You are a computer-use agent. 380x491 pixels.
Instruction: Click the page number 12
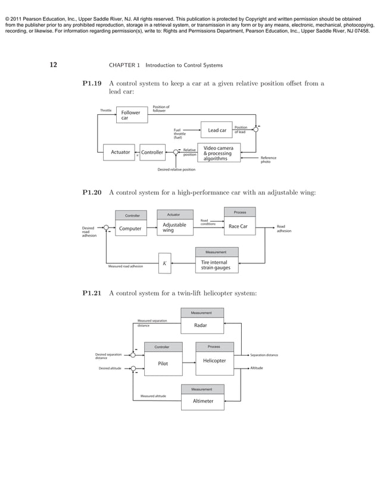(x=53, y=64)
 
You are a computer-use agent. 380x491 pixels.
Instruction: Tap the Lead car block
(x=217, y=130)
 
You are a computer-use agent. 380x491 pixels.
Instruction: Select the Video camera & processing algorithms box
(x=218, y=153)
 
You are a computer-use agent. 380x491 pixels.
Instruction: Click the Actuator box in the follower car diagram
(x=120, y=152)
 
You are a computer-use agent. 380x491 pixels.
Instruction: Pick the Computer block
(x=130, y=228)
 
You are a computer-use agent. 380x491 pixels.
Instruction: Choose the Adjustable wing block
(x=174, y=227)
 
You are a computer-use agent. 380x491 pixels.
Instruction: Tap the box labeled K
(x=164, y=263)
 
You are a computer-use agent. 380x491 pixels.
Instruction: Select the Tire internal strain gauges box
(x=217, y=265)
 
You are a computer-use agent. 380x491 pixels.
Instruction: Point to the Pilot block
(x=162, y=364)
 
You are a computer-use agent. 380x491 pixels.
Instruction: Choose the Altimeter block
(x=203, y=401)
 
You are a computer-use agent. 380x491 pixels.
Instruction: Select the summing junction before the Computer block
(x=105, y=227)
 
